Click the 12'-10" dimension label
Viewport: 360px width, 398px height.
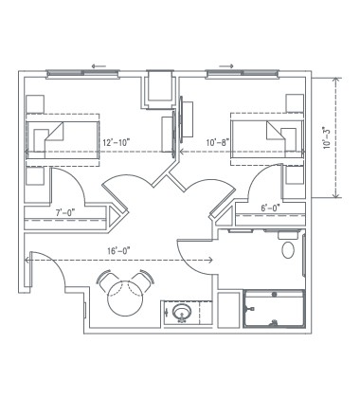click(117, 142)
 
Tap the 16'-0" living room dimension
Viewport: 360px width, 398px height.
click(119, 249)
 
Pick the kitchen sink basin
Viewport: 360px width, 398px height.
click(183, 312)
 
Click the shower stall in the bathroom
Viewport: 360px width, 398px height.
click(275, 309)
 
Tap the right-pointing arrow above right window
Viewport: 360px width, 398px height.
click(227, 67)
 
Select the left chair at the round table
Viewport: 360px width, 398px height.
click(101, 278)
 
